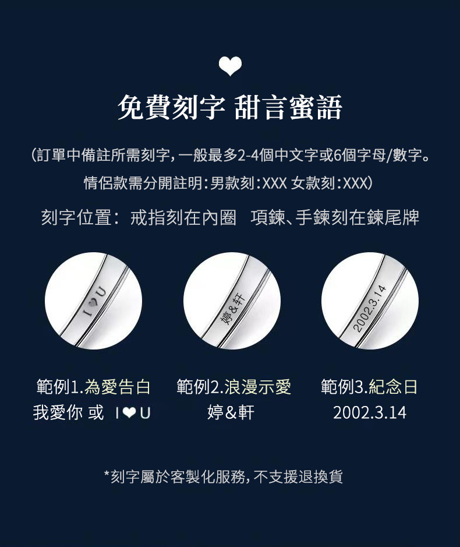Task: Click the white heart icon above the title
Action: pyautogui.click(x=230, y=66)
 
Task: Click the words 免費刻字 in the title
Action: pyautogui.click(x=171, y=107)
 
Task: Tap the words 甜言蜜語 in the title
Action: pyautogui.click(x=288, y=107)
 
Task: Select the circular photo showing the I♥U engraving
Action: pyautogui.click(x=94, y=301)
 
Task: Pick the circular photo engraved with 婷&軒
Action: pyautogui.click(x=232, y=301)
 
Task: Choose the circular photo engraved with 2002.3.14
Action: pyautogui.click(x=370, y=301)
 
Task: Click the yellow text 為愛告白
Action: pyautogui.click(x=118, y=387)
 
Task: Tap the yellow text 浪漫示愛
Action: pyautogui.click(x=258, y=387)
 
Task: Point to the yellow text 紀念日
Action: pyautogui.click(x=393, y=387)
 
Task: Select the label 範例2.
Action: pyautogui.click(x=200, y=387)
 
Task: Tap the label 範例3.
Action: pyautogui.click(x=345, y=387)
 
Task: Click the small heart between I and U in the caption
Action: pyautogui.click(x=129, y=413)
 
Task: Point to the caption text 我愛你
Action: pyautogui.click(x=58, y=412)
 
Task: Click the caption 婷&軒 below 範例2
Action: pyautogui.click(x=231, y=412)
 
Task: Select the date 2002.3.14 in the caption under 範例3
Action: pyautogui.click(x=370, y=412)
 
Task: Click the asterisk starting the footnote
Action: pyautogui.click(x=107, y=474)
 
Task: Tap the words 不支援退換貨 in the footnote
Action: pyautogui.click(x=298, y=477)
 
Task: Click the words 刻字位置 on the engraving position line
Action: pyautogui.click(x=77, y=217)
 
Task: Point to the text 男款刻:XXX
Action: pyautogui.click(x=248, y=183)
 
